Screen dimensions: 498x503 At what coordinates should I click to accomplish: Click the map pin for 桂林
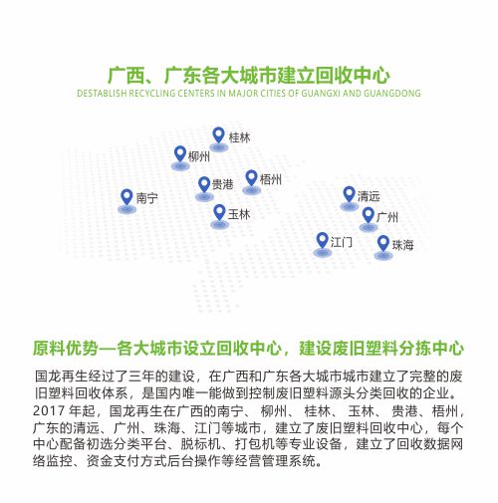218,135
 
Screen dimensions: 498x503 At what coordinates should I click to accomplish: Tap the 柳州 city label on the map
199,156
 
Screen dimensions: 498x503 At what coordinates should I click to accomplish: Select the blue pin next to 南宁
126,197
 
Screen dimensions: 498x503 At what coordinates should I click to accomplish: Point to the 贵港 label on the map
222,184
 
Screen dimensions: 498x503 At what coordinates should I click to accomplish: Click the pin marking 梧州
251,178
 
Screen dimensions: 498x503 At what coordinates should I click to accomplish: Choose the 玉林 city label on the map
239,214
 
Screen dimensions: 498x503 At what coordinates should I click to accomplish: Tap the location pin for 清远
349,194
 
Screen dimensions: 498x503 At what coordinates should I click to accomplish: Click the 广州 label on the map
387,217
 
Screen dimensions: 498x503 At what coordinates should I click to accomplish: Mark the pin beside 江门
322,240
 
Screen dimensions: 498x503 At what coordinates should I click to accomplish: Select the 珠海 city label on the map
402,245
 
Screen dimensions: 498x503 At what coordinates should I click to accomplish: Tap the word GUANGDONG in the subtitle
392,93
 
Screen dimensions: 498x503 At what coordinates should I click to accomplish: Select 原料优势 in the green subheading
66,349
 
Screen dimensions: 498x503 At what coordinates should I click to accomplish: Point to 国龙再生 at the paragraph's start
62,377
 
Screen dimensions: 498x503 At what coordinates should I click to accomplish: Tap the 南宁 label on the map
146,198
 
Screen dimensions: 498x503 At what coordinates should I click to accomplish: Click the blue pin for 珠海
383,243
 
